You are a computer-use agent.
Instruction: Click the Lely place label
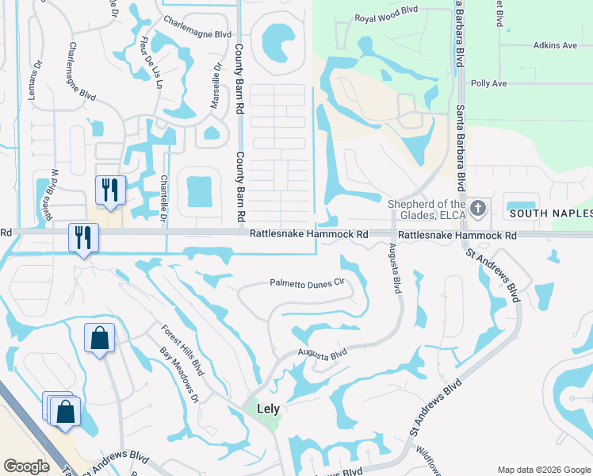point(270,410)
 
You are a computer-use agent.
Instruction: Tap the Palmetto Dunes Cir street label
point(308,282)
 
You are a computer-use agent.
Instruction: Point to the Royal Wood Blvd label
point(386,18)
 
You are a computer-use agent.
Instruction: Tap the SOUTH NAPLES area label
point(550,214)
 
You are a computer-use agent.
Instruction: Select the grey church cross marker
point(477,209)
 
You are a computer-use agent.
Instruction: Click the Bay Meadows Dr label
point(178,374)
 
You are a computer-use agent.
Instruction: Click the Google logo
point(26,466)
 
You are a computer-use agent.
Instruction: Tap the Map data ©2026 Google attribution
point(544,470)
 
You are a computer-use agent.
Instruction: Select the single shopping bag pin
point(100,339)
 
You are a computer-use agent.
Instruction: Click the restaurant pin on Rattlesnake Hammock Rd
point(82,237)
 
